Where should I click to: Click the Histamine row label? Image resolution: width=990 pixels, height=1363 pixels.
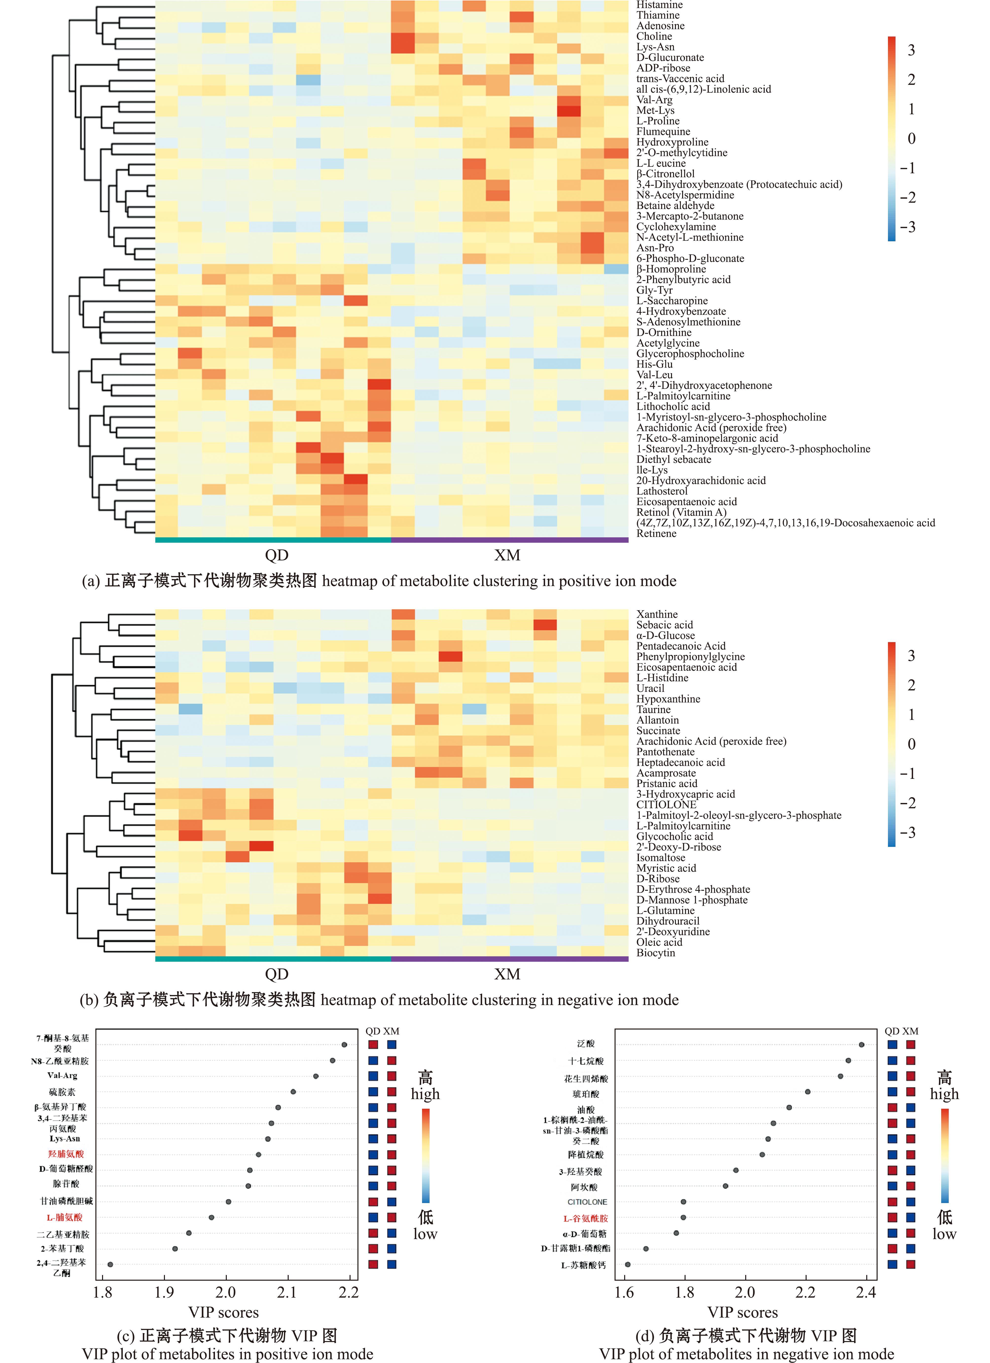(x=659, y=5)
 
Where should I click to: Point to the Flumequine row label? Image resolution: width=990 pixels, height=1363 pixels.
(x=663, y=132)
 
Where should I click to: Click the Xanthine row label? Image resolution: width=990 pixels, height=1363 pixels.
(x=656, y=614)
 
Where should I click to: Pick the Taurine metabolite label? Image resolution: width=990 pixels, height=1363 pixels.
(x=654, y=710)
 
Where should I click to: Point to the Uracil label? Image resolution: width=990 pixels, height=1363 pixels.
(x=650, y=689)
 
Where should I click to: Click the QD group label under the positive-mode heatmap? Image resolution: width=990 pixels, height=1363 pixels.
(x=277, y=555)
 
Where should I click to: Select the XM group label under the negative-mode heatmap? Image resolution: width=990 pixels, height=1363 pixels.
(x=507, y=974)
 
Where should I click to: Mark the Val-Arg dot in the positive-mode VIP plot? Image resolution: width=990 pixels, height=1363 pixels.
(x=316, y=1076)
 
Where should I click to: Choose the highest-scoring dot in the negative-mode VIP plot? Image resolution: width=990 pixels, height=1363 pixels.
(x=861, y=1045)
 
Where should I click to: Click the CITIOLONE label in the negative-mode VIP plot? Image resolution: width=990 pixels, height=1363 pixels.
(x=587, y=1202)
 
